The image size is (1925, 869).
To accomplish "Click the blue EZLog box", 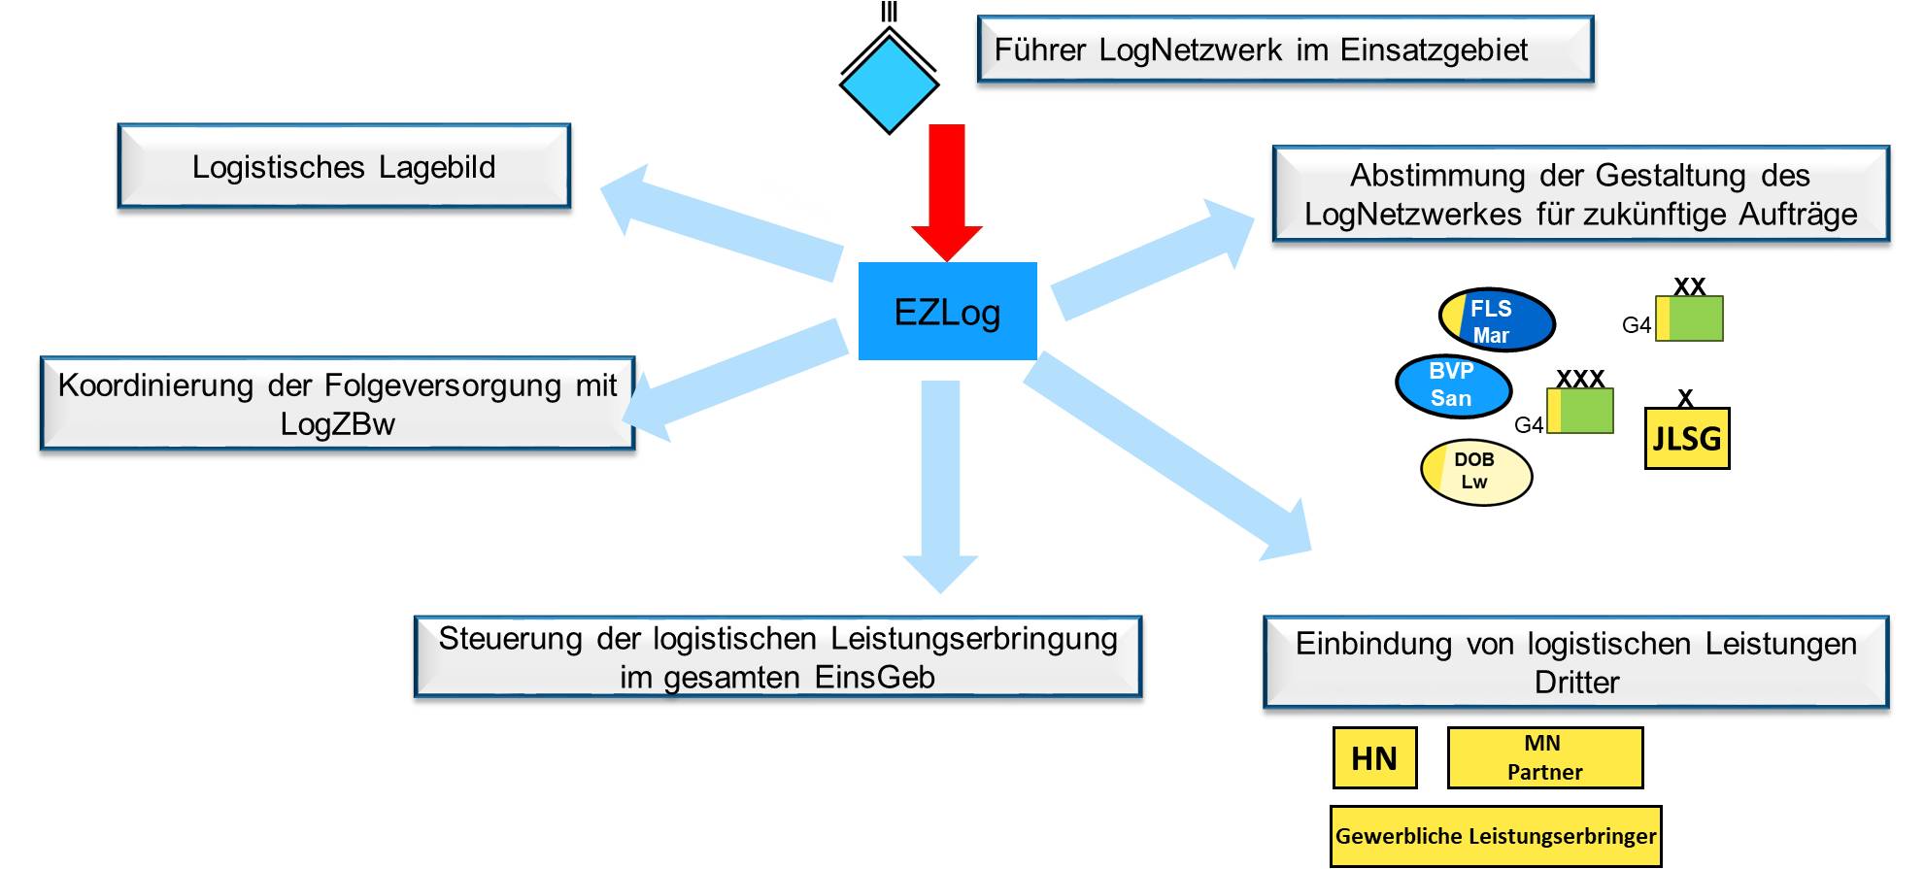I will click(947, 311).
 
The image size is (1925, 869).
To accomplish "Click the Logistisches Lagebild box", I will click(344, 166).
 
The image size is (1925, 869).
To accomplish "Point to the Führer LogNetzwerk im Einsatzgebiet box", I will click(1285, 49).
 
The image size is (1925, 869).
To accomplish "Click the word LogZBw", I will click(337, 424).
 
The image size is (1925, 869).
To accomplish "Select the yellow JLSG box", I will click(1687, 438).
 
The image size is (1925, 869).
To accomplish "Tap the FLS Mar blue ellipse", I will click(1497, 320).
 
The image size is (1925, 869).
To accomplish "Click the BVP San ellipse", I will click(1453, 384).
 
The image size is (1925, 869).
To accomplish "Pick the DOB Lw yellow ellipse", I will click(1475, 472).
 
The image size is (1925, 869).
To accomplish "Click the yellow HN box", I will click(1374, 757).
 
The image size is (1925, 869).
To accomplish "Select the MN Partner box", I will click(1544, 757).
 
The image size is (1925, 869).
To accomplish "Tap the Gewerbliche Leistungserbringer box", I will click(1496, 835).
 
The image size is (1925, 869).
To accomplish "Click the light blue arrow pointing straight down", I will click(940, 485).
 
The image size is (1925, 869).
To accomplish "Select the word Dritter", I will click(1576, 682).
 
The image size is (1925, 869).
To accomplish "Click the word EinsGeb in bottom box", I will click(875, 677).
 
